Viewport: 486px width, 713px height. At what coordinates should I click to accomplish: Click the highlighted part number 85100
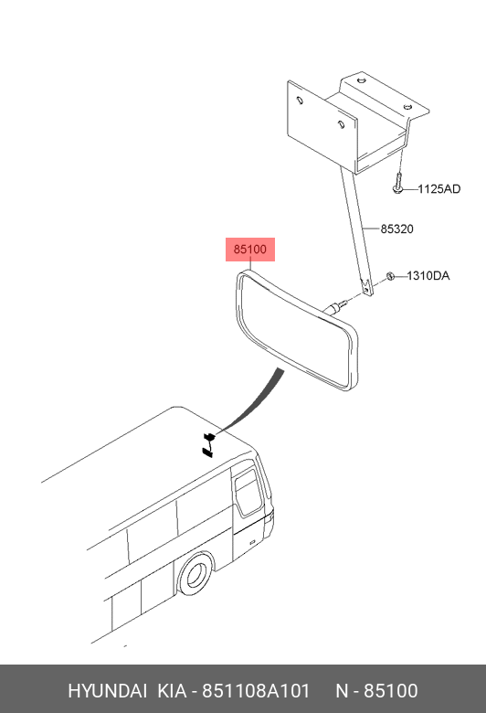(x=250, y=250)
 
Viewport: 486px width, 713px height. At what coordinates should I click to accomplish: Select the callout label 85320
(x=396, y=229)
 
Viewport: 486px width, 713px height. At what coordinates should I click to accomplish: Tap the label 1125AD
(x=439, y=188)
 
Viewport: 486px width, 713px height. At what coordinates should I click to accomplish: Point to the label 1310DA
(x=428, y=275)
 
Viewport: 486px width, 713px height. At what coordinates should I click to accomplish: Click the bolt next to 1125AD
(x=397, y=184)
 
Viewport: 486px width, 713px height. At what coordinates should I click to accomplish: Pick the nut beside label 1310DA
(x=389, y=275)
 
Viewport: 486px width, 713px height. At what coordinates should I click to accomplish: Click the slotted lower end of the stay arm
(x=366, y=286)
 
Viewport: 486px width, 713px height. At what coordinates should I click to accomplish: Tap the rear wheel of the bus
(x=195, y=574)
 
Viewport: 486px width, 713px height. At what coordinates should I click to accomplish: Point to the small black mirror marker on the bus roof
(x=208, y=445)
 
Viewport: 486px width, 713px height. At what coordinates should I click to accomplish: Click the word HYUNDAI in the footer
(x=107, y=691)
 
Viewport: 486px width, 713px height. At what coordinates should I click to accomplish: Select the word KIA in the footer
(x=172, y=691)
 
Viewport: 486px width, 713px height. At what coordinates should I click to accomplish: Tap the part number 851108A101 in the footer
(x=256, y=691)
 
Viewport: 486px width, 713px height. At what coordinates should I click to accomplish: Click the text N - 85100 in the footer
(x=376, y=691)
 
